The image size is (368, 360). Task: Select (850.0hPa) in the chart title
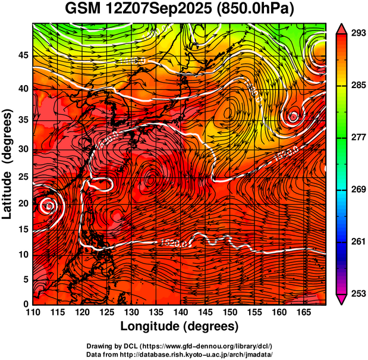click(x=258, y=10)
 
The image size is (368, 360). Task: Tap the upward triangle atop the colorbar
click(x=341, y=29)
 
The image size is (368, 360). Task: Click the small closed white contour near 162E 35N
click(x=293, y=117)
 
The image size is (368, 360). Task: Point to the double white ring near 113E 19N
click(x=50, y=206)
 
